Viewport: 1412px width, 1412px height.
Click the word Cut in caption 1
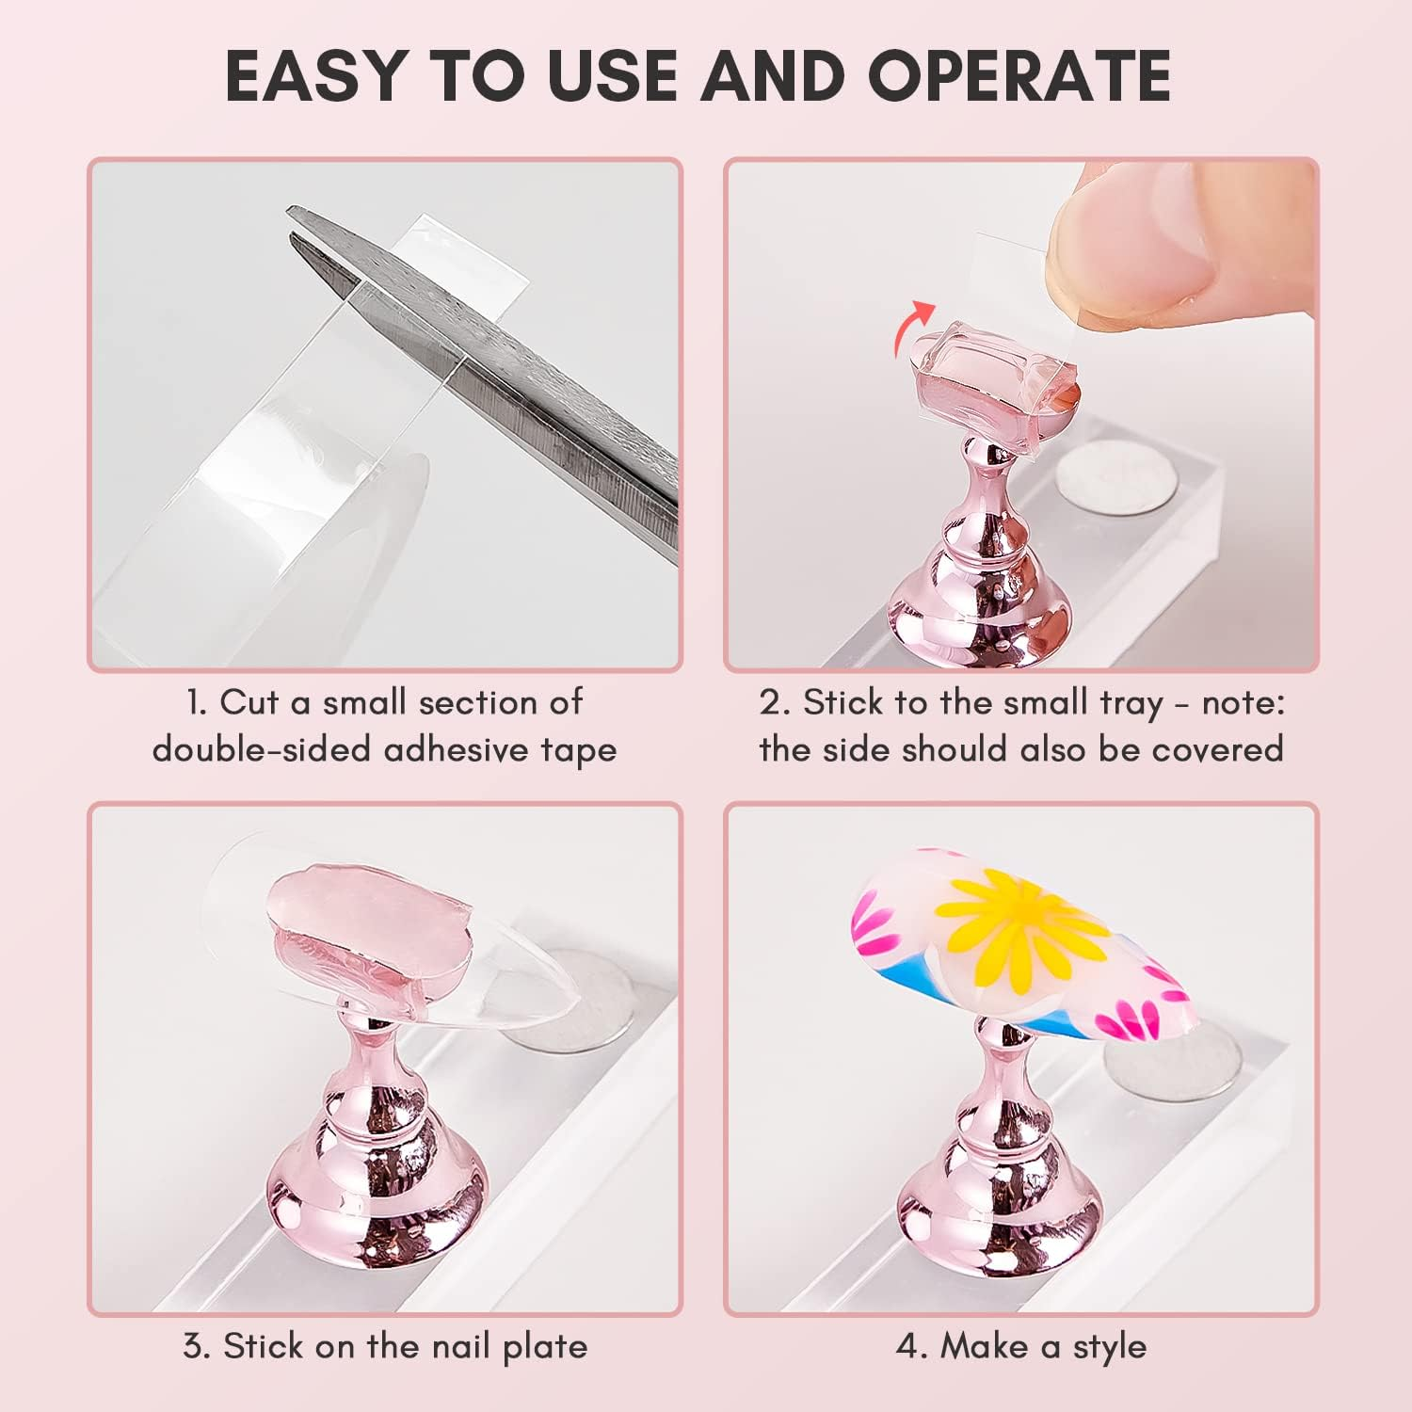click(249, 702)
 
